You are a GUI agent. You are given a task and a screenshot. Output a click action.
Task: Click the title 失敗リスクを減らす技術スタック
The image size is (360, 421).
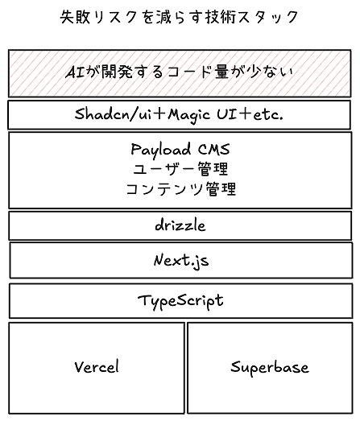click(179, 17)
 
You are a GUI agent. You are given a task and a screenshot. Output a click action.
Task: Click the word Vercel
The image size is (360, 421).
click(97, 366)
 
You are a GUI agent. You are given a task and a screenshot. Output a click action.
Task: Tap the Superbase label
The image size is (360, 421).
click(270, 367)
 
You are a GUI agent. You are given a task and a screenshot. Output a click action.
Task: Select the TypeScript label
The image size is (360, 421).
click(180, 301)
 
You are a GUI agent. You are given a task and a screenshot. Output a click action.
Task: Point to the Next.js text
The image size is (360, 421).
click(181, 261)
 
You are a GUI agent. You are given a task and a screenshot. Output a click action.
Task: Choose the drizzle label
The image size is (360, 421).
click(180, 225)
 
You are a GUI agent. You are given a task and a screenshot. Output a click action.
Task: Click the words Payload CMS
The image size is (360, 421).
click(180, 149)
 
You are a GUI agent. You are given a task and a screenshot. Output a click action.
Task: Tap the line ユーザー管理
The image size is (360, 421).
click(180, 169)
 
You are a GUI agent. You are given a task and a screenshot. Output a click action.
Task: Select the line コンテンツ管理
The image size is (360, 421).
click(181, 188)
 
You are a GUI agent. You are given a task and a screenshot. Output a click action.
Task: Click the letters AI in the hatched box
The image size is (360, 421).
click(76, 72)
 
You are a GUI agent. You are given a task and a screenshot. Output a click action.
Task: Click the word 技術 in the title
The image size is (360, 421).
click(221, 17)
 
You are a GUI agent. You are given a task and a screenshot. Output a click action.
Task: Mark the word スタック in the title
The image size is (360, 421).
click(268, 17)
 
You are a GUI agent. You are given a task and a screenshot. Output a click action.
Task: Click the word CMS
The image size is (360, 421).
click(214, 149)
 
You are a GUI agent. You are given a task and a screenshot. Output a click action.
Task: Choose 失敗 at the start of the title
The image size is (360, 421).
click(75, 17)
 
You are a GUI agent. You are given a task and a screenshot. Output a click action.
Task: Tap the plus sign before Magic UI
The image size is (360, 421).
click(159, 114)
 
